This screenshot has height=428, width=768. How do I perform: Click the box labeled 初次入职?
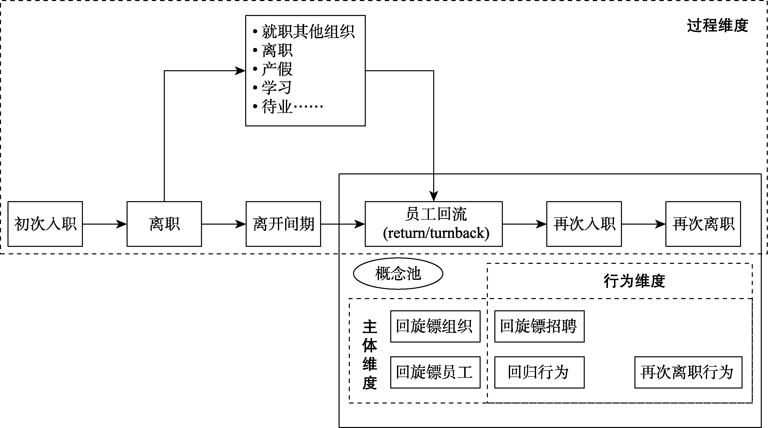click(x=45, y=224)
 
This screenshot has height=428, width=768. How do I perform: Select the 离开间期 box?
click(x=283, y=224)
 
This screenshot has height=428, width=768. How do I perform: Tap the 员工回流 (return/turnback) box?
click(x=434, y=224)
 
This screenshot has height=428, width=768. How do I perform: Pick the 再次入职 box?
click(x=584, y=224)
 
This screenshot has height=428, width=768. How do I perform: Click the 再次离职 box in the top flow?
click(x=703, y=224)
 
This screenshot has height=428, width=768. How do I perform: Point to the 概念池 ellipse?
click(x=398, y=274)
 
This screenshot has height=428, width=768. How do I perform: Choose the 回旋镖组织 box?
click(x=435, y=326)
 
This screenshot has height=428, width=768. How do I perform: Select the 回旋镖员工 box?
click(x=435, y=372)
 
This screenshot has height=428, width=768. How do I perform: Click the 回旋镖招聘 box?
click(x=539, y=326)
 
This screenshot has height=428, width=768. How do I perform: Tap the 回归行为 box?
click(x=539, y=372)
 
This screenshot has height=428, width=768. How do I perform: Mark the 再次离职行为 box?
click(x=688, y=372)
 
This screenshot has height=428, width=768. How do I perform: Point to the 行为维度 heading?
click(x=634, y=281)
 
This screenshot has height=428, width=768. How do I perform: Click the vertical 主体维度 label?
click(x=370, y=355)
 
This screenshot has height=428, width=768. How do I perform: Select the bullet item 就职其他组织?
click(x=308, y=32)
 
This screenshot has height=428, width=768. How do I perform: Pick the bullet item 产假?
click(x=277, y=69)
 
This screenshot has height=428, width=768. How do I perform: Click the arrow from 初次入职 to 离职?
click(x=104, y=224)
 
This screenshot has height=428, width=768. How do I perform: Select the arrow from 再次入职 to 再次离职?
click(x=643, y=224)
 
